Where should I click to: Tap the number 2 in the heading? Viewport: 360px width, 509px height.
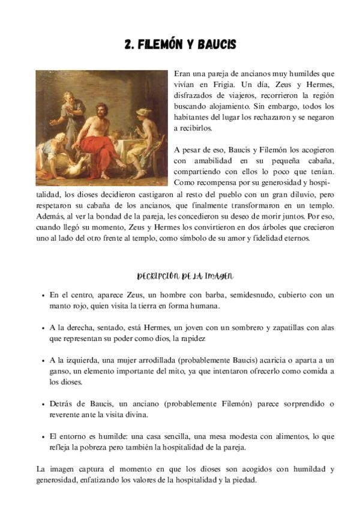pos(128,45)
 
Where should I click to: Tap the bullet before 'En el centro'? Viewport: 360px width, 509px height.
pos(43,296)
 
